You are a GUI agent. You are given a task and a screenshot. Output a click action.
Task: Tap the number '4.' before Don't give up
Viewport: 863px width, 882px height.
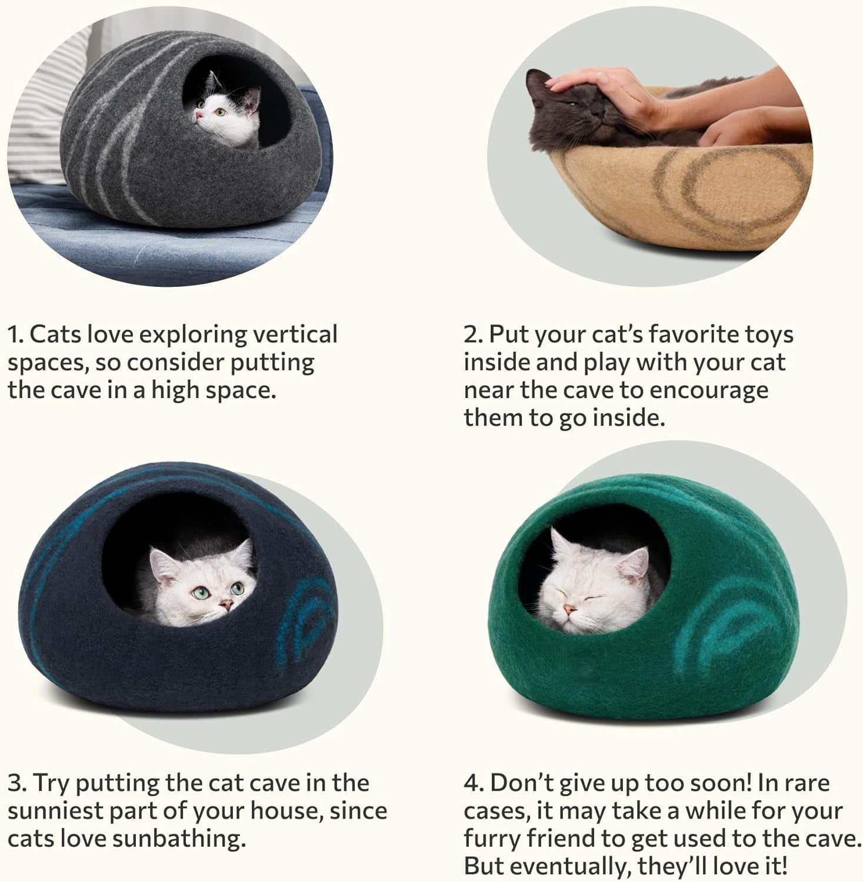coord(474,783)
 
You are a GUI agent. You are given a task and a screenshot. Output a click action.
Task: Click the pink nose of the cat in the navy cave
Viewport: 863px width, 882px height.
coord(225,603)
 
